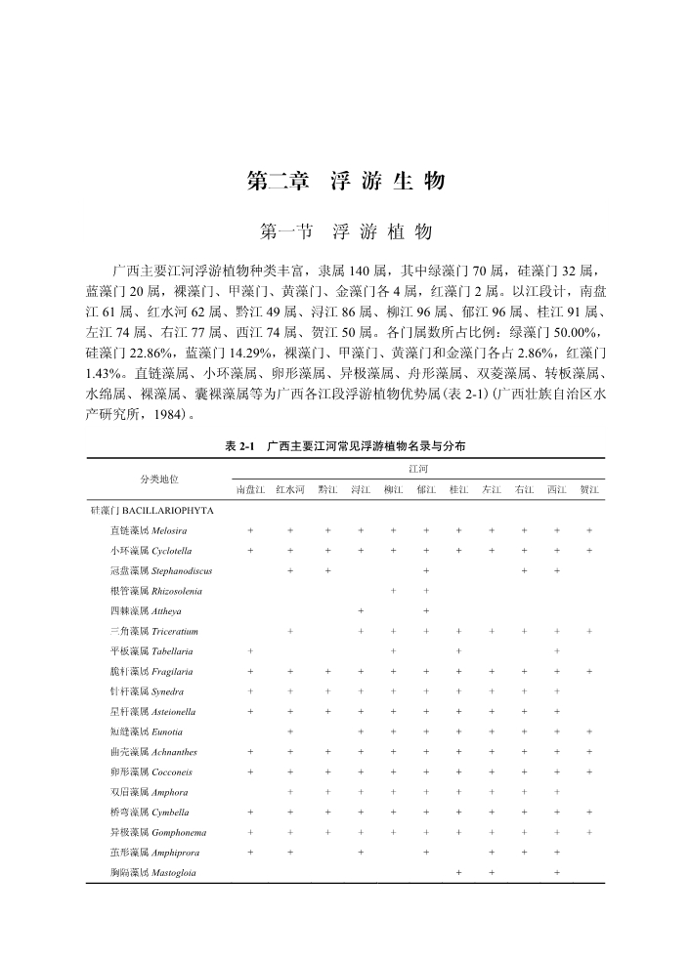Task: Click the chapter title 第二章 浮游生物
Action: [345, 182]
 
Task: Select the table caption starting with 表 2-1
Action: [345, 445]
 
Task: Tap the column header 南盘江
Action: [249, 488]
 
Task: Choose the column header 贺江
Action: [589, 488]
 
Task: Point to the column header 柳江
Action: [393, 488]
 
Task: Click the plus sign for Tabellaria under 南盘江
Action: [250, 651]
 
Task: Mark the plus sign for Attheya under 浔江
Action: [362, 611]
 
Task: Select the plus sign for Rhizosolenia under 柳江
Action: [393, 591]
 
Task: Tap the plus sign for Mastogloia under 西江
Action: [556, 872]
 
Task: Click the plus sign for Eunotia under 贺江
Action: [589, 731]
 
